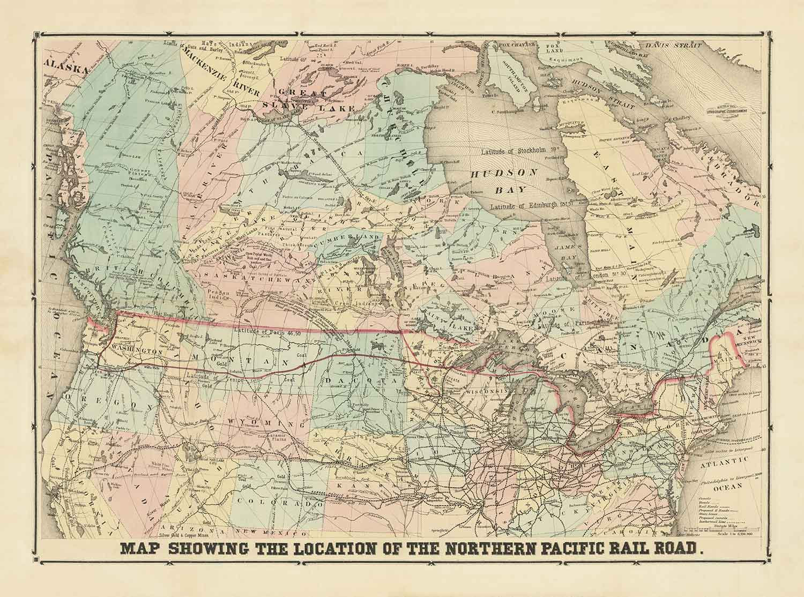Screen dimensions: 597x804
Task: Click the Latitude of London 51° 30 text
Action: (x=579, y=279)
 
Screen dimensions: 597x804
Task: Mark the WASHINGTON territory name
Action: (x=137, y=352)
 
